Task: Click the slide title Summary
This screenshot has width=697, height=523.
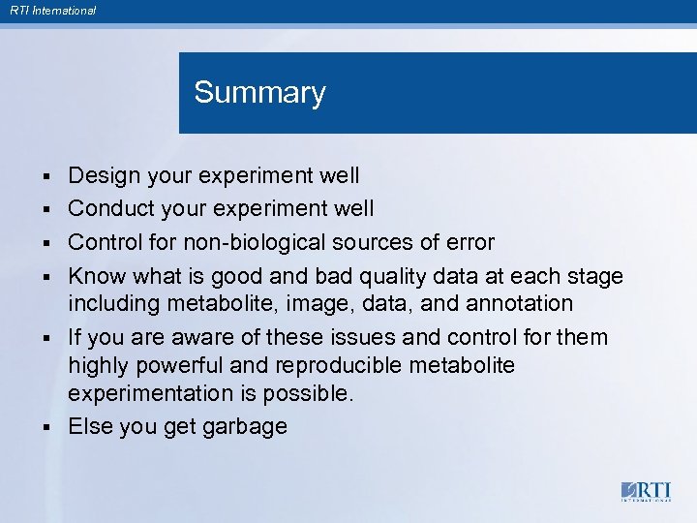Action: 259,93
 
